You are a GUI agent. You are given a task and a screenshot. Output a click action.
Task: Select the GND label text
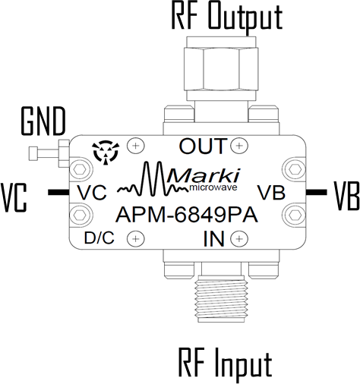tap(43, 121)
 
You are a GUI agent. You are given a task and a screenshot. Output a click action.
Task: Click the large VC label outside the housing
tap(14, 198)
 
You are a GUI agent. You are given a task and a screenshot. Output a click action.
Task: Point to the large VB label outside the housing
tap(346, 196)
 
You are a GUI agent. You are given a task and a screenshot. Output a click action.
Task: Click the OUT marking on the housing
tap(202, 146)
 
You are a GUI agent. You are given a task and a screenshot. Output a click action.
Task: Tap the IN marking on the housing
tap(214, 239)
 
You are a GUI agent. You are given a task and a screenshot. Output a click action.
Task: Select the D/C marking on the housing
tap(99, 238)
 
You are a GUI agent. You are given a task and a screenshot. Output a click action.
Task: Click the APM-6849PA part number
tap(187, 215)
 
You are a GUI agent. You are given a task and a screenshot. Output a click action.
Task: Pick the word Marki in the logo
tap(204, 176)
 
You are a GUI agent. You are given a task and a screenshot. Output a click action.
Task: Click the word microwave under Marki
tap(213, 187)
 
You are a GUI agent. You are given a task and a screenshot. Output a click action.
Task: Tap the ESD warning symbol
tap(106, 153)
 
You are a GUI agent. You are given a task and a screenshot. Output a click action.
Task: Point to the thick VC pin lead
tap(58, 192)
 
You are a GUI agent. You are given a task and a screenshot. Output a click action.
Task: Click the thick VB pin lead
tap(316, 192)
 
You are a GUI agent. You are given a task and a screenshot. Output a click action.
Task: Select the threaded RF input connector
tap(222, 298)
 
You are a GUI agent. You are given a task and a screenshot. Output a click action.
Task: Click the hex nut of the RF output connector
tap(221, 68)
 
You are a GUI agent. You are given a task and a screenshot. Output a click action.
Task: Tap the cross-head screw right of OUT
tap(239, 146)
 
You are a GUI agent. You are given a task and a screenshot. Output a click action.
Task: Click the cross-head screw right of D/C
tap(136, 238)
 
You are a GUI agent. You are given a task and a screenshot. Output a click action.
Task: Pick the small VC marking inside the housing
tap(92, 193)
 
